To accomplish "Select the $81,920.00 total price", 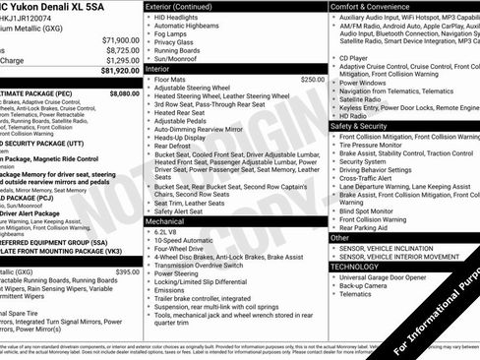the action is pyautogui.click(x=117, y=71).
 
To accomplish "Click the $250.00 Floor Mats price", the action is pyautogui.click(x=312, y=79).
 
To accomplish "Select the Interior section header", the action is pyautogui.click(x=157, y=69).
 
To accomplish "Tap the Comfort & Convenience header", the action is pyautogui.click(x=375, y=6).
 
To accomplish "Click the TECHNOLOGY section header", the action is pyautogui.click(x=354, y=267).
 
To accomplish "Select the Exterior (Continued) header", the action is pyautogui.click(x=184, y=6).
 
